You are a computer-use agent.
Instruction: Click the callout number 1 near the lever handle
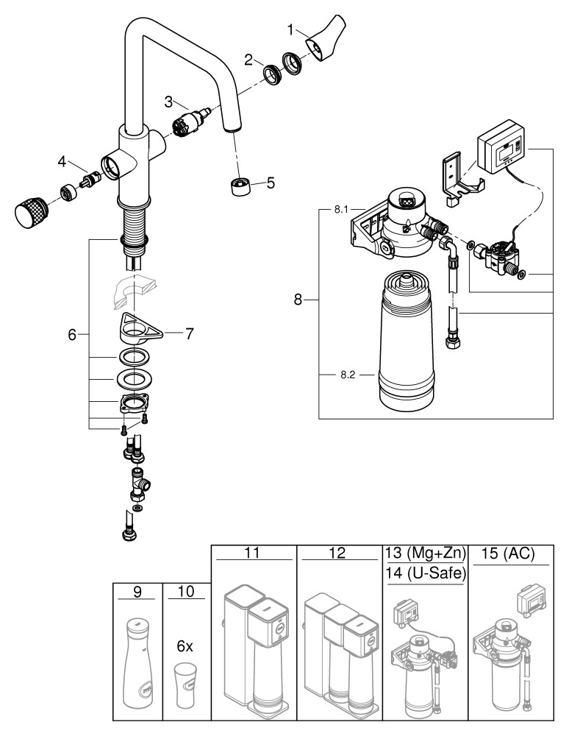291,29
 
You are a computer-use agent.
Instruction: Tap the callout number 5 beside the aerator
271,181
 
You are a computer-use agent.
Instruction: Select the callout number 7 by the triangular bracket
189,334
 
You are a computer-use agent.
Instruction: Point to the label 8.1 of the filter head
340,210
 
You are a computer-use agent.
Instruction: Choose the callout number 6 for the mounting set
72,335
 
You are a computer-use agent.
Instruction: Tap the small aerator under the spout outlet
241,185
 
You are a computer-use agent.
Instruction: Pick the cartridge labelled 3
195,118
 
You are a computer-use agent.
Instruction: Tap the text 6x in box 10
185,646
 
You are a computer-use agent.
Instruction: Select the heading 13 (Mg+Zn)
425,554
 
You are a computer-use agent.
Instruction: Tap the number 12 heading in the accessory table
337,554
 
